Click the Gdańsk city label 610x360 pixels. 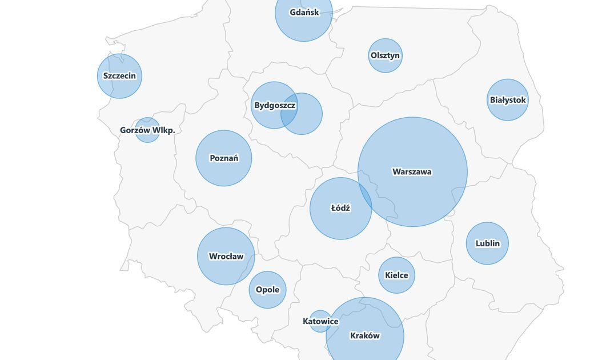pos(303,12)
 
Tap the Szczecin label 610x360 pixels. pos(119,76)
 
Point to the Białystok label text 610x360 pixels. pos(507,100)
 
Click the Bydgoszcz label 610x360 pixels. pos(274,106)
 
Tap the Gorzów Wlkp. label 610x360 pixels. pos(147,130)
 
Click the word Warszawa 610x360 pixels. pos(412,172)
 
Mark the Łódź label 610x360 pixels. pos(340,209)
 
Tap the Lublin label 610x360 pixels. pos(487,243)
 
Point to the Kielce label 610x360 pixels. pos(396,275)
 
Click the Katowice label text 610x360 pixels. pos(320,322)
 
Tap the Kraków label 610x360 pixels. pos(364,336)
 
